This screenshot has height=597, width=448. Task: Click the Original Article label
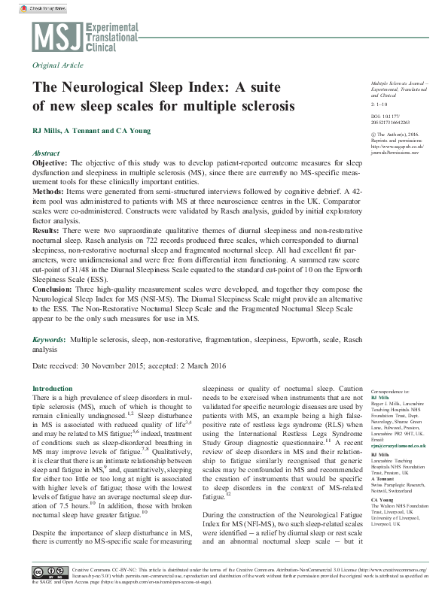[x=57, y=66]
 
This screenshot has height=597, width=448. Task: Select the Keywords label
[x=48, y=340]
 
